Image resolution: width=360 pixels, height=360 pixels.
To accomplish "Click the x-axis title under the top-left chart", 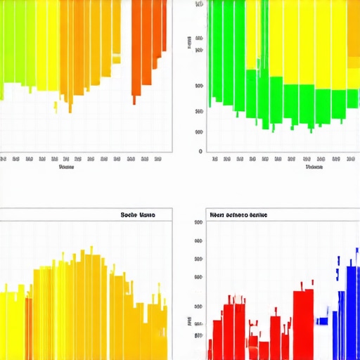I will pos(66,167).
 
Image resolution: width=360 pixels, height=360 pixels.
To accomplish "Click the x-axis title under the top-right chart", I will pos(314,167).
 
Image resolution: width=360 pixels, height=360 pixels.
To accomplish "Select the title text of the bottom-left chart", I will pos(137,214).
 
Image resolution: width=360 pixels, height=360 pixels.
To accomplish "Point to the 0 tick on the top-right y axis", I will pos(200,151).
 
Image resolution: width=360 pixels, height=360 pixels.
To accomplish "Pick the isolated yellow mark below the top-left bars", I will pos(56,107).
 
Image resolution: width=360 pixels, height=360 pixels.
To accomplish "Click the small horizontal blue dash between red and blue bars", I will pos(322,321).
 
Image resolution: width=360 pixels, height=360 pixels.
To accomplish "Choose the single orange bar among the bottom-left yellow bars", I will pos(29,328).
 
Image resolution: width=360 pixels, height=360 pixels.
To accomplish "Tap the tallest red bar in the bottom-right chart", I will pos(303,323).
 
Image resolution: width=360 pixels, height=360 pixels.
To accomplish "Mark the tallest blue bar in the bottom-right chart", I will pos(353,302).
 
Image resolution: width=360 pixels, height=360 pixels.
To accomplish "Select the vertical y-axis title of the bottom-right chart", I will pos(190,322).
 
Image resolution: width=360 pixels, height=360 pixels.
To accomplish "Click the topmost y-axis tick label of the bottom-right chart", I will pos(199,222).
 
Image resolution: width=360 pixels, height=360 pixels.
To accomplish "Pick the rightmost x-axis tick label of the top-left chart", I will pos(157,159).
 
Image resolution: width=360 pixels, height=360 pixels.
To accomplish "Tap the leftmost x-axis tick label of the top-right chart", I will pos(214,159).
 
